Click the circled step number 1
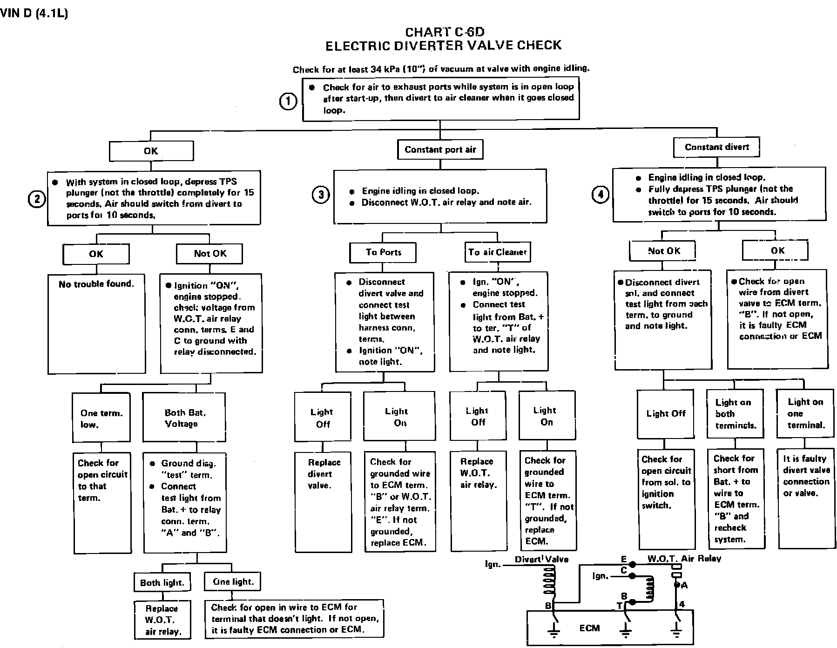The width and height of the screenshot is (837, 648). tap(288, 101)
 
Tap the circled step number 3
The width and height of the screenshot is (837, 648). tap(321, 195)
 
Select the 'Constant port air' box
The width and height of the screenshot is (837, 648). tap(440, 149)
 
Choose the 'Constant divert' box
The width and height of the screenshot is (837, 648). tap(716, 147)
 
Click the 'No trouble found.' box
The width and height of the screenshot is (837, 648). tap(96, 324)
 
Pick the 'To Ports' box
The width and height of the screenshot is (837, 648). tap(383, 252)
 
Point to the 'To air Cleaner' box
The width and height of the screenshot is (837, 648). tap(498, 252)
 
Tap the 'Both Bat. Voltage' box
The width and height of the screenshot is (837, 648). tap(184, 418)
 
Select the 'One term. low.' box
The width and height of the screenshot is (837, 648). tap(101, 418)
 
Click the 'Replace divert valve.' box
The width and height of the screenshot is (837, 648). tap(324, 501)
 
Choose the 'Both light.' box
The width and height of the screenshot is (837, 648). tap(162, 582)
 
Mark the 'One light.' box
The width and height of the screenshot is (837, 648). tap(233, 581)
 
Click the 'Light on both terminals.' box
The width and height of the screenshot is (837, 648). tap(735, 414)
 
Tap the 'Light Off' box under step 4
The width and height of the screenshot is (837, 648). tap(666, 414)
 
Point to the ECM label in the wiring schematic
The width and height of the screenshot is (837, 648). tap(589, 628)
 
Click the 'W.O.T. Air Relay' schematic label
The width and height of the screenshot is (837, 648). tap(684, 559)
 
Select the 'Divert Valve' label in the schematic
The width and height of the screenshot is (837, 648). tap(541, 559)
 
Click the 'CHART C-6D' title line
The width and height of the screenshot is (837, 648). tap(445, 32)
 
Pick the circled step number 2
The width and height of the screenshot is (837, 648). tap(37, 199)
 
